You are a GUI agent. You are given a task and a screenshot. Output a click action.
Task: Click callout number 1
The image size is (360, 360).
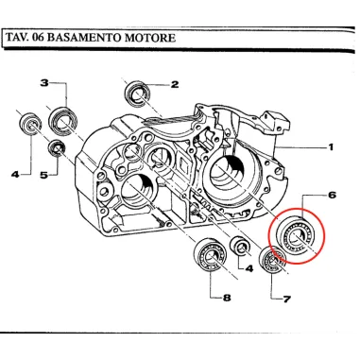pyautogui.click(x=332, y=147)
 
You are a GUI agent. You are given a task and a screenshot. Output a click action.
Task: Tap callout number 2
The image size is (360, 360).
pyautogui.click(x=174, y=84)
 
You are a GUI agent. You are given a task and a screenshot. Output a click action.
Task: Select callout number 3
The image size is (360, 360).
pyautogui.click(x=43, y=83)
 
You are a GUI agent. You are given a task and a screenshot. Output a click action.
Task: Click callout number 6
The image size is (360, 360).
pyautogui.click(x=331, y=196)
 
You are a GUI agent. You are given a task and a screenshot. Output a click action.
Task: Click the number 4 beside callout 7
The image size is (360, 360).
pyautogui.click(x=249, y=268)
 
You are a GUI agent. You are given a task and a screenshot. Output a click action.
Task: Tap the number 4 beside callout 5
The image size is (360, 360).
pyautogui.click(x=15, y=175)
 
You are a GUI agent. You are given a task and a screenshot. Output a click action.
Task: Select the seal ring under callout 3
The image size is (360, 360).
pyautogui.click(x=64, y=120)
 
